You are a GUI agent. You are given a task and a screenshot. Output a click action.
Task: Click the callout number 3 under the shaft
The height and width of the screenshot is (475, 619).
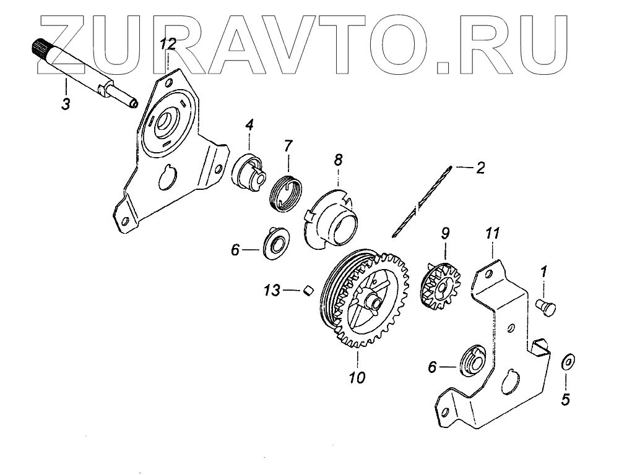pyautogui.click(x=66, y=103)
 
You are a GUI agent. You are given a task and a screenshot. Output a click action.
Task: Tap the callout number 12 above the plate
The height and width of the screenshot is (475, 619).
pyautogui.click(x=168, y=43)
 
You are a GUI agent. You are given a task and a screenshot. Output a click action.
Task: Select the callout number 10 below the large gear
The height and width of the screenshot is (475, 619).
pyautogui.click(x=357, y=377)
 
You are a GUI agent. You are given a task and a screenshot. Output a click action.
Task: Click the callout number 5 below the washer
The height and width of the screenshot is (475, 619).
pyautogui.click(x=565, y=400)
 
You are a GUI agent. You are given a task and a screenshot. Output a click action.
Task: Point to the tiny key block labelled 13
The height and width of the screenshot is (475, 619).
pyautogui.click(x=308, y=289)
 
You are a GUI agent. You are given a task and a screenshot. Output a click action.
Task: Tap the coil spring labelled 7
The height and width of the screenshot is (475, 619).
pyautogui.click(x=287, y=188)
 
